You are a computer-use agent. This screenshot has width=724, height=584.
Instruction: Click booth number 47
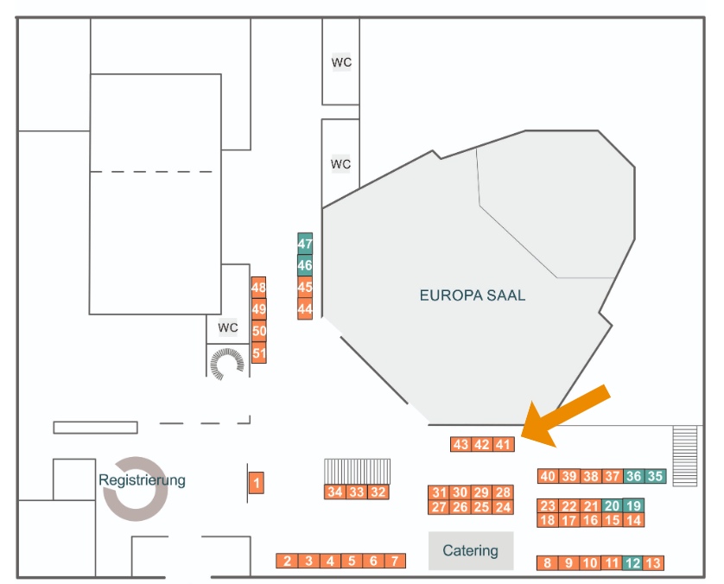(x=305, y=244)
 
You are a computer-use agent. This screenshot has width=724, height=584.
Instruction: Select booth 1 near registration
(x=257, y=483)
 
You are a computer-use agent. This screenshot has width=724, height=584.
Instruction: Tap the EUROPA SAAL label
(x=472, y=295)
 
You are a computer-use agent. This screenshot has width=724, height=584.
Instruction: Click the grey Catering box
(x=470, y=550)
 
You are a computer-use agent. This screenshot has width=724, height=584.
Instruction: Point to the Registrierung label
(x=142, y=480)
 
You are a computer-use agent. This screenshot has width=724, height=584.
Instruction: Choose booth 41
(x=504, y=445)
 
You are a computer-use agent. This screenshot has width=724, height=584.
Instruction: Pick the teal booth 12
(x=632, y=563)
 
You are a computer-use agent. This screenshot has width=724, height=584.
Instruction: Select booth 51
(x=259, y=352)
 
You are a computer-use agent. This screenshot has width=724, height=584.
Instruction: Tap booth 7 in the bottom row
(x=395, y=561)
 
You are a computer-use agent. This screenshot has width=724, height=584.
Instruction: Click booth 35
(x=656, y=476)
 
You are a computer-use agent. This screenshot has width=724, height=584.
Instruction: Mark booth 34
(x=335, y=492)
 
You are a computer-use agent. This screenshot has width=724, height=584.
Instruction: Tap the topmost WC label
(x=341, y=62)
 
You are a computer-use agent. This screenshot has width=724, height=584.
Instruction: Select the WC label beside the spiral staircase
(x=227, y=327)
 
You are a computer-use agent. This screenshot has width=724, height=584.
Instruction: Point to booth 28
(x=504, y=492)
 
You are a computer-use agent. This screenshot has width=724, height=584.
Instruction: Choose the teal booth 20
(x=613, y=505)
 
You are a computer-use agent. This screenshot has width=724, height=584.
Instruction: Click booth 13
(x=654, y=563)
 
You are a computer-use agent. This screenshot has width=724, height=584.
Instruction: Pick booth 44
(x=305, y=308)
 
